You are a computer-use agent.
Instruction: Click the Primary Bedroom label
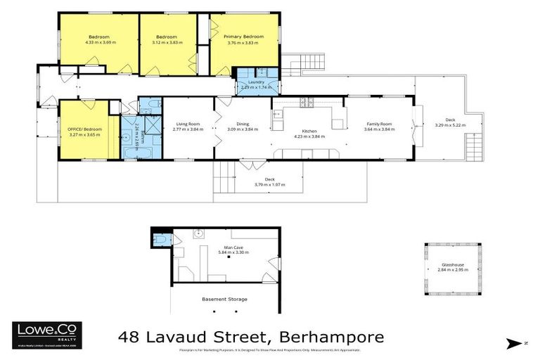[x=243, y=37]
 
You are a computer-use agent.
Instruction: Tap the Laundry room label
[x=256, y=82]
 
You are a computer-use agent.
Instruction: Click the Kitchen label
[x=309, y=131]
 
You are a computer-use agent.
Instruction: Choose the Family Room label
[x=378, y=123]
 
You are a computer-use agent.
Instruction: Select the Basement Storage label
[x=224, y=300]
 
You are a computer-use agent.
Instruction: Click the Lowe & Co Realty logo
[x=47, y=335]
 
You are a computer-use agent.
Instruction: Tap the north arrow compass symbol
[x=516, y=343]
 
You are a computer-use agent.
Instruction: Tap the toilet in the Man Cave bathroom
[x=161, y=240]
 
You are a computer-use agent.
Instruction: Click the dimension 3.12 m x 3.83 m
[x=166, y=43]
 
